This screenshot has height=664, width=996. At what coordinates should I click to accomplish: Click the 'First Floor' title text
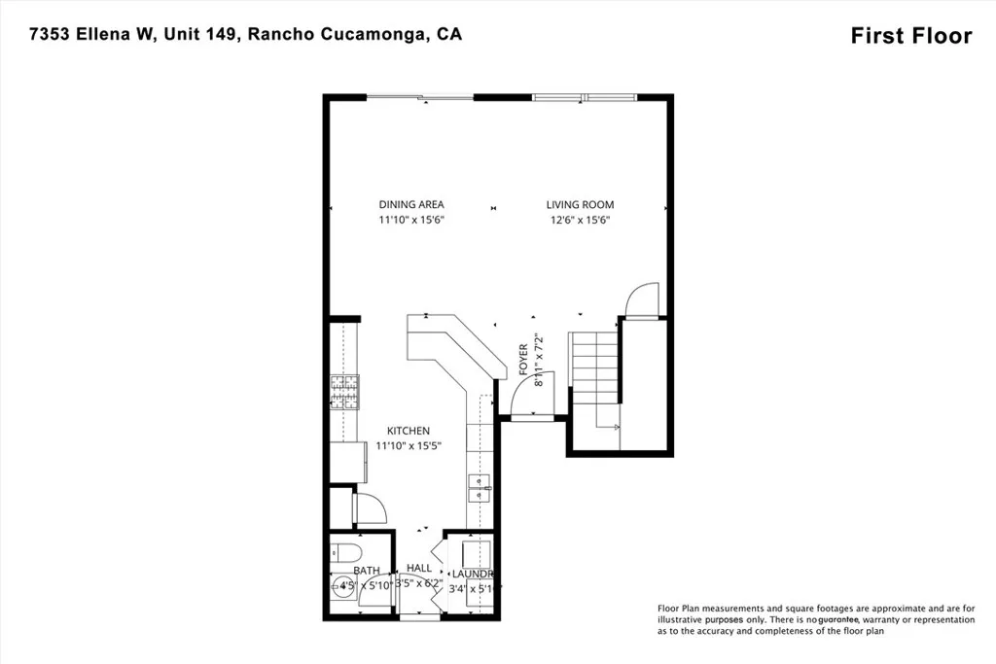click(x=910, y=36)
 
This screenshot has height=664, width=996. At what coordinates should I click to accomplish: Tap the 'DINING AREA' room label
click(x=411, y=204)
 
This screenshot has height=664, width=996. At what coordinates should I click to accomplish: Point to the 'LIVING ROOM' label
click(x=580, y=204)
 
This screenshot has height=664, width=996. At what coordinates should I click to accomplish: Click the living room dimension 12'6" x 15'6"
click(x=580, y=220)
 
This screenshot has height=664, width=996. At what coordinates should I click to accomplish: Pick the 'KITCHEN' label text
click(x=409, y=431)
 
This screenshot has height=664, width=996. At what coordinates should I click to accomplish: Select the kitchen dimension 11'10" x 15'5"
click(x=409, y=446)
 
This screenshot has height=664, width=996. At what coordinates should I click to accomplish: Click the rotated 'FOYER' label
click(x=523, y=360)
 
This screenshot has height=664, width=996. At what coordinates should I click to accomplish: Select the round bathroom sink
click(x=343, y=587)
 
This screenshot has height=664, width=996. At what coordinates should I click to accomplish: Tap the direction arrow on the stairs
click(x=615, y=425)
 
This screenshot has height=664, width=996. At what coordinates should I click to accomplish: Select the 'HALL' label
click(x=419, y=568)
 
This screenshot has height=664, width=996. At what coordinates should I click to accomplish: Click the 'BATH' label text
click(x=366, y=571)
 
